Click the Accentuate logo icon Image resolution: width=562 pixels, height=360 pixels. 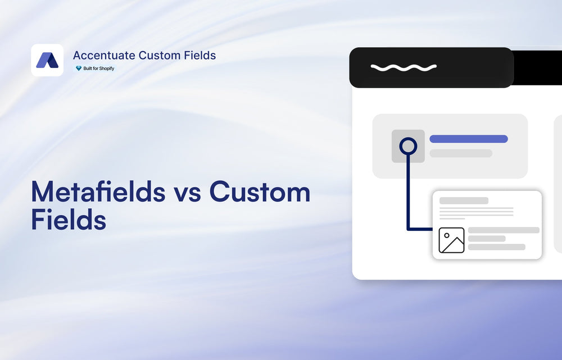47,60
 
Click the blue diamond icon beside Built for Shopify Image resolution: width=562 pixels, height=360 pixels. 79,69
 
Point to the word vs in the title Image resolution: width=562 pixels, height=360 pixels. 187,192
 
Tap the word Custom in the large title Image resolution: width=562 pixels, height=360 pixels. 260,192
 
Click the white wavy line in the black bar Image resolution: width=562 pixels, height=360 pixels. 404,67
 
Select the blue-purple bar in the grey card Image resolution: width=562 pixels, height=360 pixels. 469,139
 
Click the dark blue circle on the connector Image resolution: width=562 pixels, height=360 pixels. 408,147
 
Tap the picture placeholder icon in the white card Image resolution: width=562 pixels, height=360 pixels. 451,240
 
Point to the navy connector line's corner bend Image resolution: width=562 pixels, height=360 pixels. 409,229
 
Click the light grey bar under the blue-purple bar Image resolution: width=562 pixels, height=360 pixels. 461,153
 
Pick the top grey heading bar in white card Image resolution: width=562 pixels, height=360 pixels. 464,200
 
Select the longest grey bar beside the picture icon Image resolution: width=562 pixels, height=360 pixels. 504,230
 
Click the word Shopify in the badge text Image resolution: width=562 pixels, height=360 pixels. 106,69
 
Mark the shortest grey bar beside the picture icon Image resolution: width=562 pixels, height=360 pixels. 487,239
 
